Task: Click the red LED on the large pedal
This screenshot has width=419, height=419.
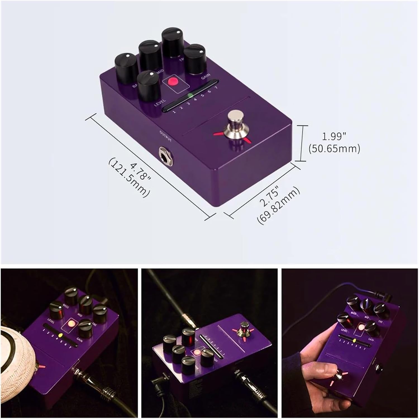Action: tap(173, 81)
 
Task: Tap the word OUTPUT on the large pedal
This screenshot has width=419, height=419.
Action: tap(165, 136)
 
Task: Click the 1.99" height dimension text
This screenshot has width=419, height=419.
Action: tap(334, 136)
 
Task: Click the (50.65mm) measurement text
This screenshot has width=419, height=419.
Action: tap(334, 149)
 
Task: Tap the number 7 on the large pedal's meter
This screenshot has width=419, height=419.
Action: tap(216, 88)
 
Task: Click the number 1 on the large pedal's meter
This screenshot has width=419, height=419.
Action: tap(174, 112)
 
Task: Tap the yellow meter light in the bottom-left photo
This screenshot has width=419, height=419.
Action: tap(60, 335)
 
